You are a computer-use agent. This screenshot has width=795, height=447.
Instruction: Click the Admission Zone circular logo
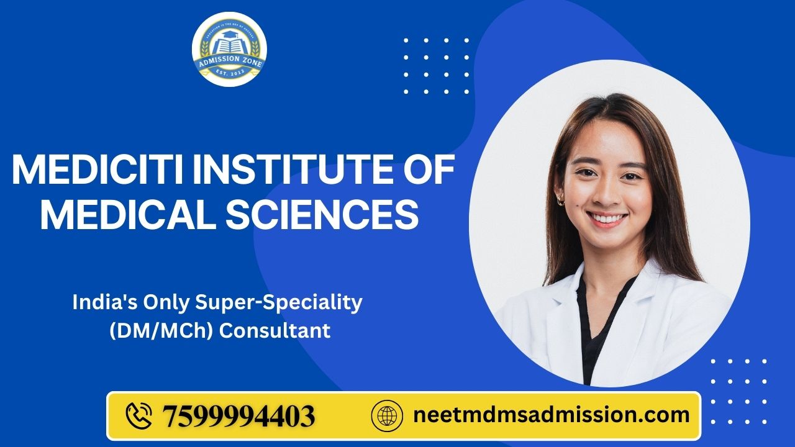[x=229, y=49]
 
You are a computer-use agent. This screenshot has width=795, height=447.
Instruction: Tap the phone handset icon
[x=139, y=415]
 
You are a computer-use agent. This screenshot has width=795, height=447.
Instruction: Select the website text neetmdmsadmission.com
[x=551, y=415]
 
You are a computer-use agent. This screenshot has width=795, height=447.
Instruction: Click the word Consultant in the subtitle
[x=275, y=331]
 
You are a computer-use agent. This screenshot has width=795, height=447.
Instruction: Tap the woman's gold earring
[x=561, y=199]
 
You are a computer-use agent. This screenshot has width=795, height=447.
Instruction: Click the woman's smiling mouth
[x=606, y=219]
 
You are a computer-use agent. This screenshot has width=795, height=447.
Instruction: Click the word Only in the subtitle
[x=158, y=302]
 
